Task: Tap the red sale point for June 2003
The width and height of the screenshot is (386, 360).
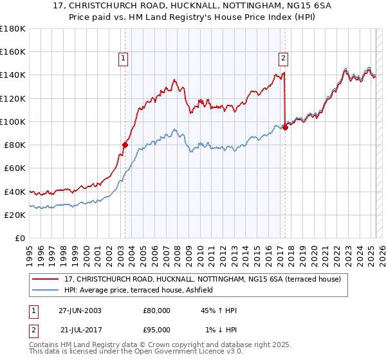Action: [125, 145]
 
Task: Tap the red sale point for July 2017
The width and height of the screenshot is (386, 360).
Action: [285, 127]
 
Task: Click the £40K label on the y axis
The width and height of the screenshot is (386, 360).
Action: [15, 192]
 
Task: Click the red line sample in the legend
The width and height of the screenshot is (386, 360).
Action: [46, 279]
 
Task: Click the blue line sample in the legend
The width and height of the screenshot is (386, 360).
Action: [46, 290]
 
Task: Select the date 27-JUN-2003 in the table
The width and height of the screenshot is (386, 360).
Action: [80, 310]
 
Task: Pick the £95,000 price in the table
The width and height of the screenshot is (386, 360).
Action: [157, 329]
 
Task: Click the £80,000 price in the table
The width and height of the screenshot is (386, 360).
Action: [157, 310]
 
